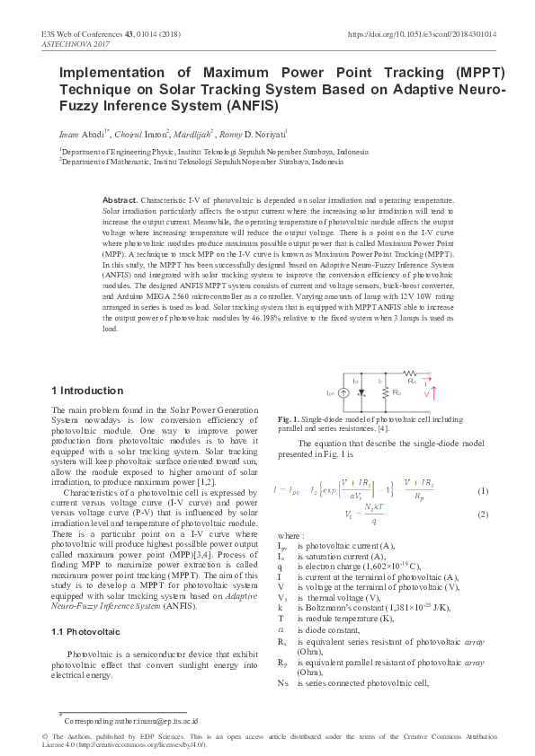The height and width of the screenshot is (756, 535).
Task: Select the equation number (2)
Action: [482, 514]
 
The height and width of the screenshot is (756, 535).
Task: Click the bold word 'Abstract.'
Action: [120, 198]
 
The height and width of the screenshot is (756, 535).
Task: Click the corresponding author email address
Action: [158, 720]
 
